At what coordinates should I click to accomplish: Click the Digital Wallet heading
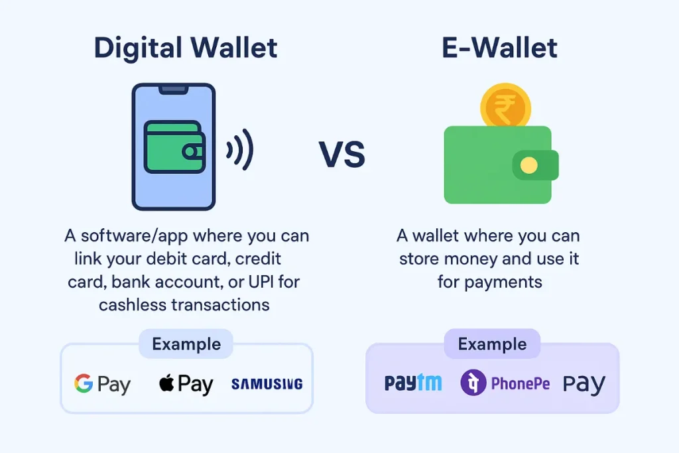tap(186, 48)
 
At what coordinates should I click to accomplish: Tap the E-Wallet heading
tap(499, 48)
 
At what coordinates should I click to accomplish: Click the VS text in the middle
tap(342, 154)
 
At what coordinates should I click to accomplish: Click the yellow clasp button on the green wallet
tap(528, 165)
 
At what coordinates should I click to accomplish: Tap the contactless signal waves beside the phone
tap(240, 150)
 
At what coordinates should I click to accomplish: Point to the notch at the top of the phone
tap(173, 90)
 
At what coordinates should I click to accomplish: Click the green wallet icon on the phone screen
tap(174, 147)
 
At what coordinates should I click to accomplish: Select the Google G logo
tap(84, 383)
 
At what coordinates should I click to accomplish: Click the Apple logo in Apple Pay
tap(166, 383)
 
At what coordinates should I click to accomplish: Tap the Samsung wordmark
tap(267, 384)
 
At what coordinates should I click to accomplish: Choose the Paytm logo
tap(413, 383)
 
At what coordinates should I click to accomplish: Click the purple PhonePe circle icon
tap(473, 383)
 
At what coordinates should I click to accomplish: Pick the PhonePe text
tap(520, 383)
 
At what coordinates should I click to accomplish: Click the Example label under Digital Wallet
tap(186, 344)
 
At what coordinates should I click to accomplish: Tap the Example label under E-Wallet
tap(493, 344)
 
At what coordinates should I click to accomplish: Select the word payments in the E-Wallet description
tap(503, 283)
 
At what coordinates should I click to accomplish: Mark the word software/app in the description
tap(134, 236)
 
